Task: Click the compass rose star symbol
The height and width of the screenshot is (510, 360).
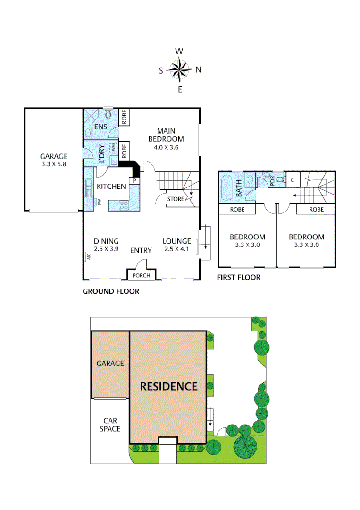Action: click(x=179, y=69)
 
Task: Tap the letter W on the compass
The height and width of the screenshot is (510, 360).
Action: click(x=179, y=51)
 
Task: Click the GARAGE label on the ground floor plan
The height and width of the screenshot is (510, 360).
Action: click(x=54, y=156)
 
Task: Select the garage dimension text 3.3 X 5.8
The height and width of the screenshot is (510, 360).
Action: click(x=54, y=164)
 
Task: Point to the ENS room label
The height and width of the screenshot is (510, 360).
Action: click(x=100, y=127)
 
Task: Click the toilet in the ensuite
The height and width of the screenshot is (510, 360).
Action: click(x=109, y=115)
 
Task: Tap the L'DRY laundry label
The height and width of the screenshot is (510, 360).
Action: click(x=102, y=154)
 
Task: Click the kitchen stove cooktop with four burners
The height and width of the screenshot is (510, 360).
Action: click(x=123, y=205)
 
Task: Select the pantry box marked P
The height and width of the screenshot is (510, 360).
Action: click(x=134, y=180)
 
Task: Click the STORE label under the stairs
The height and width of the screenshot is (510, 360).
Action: click(x=176, y=199)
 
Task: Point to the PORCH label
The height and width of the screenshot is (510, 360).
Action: click(x=141, y=276)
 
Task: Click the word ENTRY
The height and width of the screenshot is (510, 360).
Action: click(x=141, y=250)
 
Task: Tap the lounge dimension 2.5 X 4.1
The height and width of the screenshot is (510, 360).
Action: click(x=176, y=249)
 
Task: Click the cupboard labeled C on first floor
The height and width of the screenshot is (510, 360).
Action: click(x=293, y=179)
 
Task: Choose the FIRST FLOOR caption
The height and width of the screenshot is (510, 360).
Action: click(x=238, y=277)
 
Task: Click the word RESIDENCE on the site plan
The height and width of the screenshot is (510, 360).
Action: click(x=169, y=386)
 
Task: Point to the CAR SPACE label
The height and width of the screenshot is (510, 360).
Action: click(x=109, y=425)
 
